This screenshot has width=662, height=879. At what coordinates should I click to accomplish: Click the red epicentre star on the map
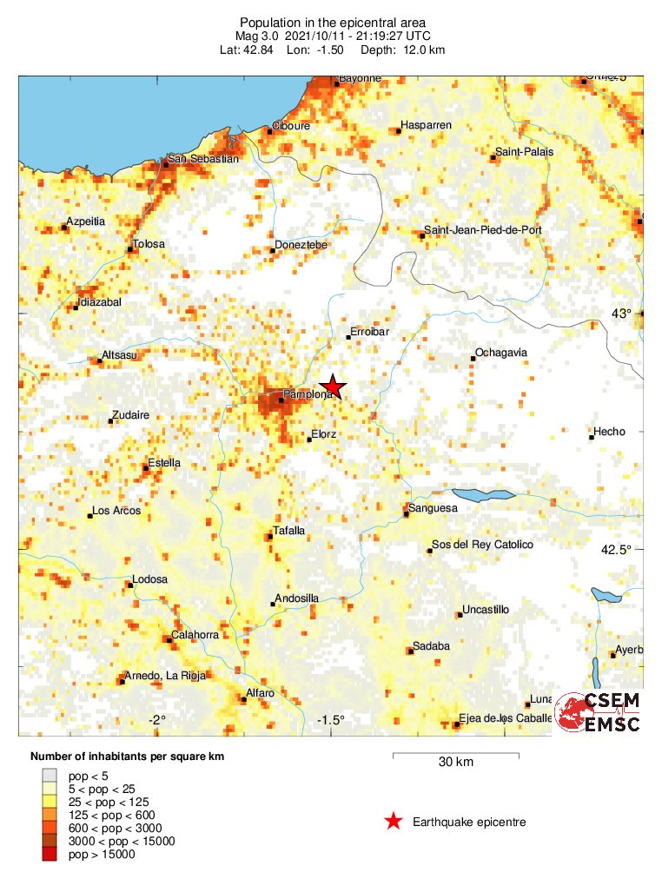[332, 387]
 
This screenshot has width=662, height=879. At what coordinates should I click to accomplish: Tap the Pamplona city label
[309, 394]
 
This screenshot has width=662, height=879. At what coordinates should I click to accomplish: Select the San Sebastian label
[202, 159]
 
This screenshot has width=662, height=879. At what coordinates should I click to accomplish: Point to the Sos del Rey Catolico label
[482, 545]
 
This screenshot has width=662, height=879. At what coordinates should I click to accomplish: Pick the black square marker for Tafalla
[270, 537]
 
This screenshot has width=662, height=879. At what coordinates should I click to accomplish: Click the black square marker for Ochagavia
[473, 359]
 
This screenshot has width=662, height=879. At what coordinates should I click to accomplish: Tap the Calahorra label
[195, 635]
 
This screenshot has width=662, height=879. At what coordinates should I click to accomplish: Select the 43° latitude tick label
[622, 314]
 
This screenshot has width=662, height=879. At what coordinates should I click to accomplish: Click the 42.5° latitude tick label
[617, 549]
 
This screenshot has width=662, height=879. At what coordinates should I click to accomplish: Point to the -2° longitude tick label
[156, 720]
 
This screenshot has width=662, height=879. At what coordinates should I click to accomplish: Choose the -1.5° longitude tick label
[331, 720]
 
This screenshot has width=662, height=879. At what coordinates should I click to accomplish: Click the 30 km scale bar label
[455, 763]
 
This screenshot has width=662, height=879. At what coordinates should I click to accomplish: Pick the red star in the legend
[394, 822]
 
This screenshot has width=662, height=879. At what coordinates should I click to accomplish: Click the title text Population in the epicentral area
[333, 22]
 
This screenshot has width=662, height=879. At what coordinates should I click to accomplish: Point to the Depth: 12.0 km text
[414, 50]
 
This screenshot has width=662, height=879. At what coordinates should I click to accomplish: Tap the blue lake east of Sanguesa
[484, 495]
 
